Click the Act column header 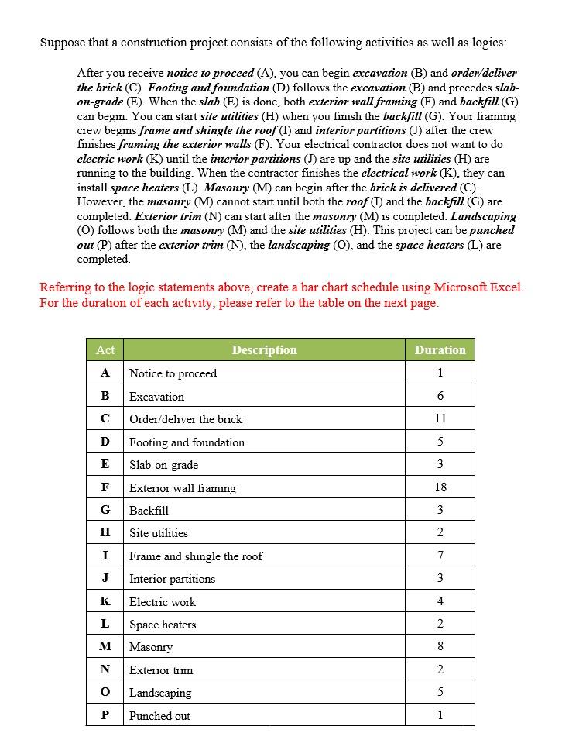[105, 350]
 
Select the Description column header [264, 350]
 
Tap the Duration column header [440, 350]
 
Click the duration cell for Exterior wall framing [440, 487]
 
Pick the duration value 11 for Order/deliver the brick [440, 418]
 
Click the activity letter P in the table [105, 715]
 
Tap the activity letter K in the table [105, 601]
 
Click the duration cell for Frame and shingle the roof [440, 556]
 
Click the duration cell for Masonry [440, 647]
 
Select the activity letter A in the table [105, 373]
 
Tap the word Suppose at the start [61, 43]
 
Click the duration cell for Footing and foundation [440, 442]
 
